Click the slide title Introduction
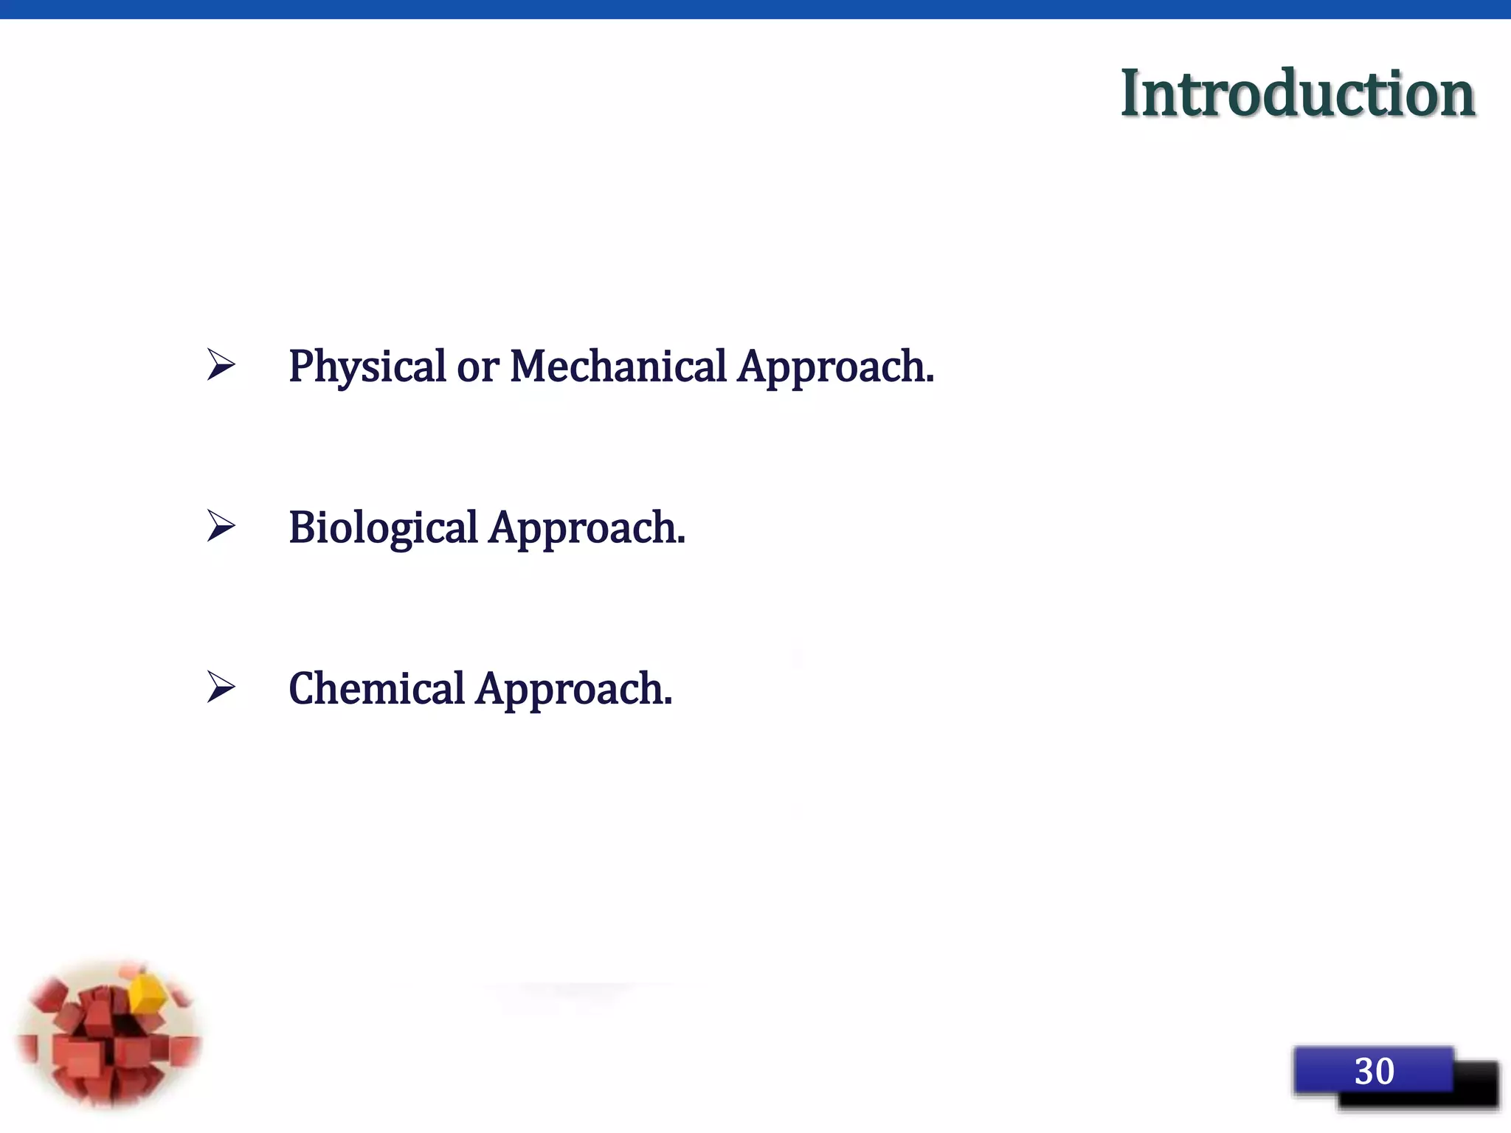(1297, 94)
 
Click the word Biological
(383, 528)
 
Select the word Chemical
(376, 689)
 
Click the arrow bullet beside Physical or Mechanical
(221, 364)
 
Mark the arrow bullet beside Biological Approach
(221, 526)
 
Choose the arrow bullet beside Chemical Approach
(221, 687)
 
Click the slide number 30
(1374, 1071)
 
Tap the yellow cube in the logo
(148, 993)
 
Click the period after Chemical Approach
(668, 704)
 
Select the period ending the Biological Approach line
(682, 543)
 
